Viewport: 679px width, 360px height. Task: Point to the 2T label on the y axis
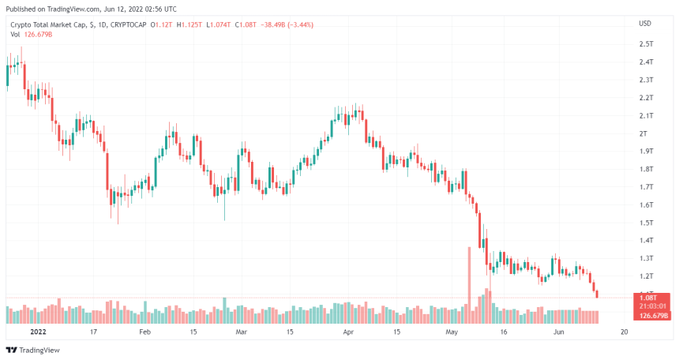(x=643, y=133)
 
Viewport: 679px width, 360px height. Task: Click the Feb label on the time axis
(x=144, y=332)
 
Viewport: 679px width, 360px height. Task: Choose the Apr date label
(x=348, y=332)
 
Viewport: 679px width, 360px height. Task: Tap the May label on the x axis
(x=451, y=332)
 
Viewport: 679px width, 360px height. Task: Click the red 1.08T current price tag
(x=651, y=298)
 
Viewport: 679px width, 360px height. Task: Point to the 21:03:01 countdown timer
(x=652, y=306)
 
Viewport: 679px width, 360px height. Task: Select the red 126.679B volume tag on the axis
(x=652, y=315)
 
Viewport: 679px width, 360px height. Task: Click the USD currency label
(x=645, y=23)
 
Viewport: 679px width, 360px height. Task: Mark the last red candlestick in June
(x=597, y=294)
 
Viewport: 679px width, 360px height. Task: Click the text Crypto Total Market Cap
(x=46, y=24)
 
